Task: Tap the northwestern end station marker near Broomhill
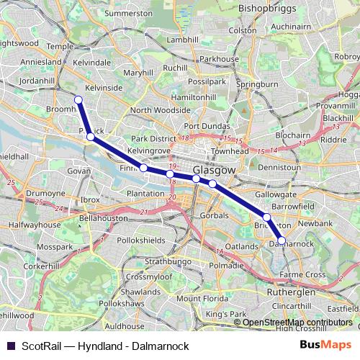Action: [x=78, y=100]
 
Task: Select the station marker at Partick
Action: [x=90, y=136]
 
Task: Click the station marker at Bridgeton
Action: [x=266, y=217]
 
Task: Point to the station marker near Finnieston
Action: [x=143, y=168]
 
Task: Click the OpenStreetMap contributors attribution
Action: [x=297, y=322]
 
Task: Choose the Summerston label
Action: [x=129, y=14]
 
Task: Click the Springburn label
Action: [x=257, y=84]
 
